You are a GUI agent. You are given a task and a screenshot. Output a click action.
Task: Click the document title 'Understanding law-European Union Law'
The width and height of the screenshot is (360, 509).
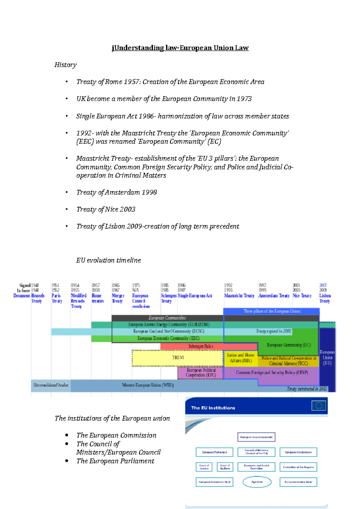[x=180, y=48]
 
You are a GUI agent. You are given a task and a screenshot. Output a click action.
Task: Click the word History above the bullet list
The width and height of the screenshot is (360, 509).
[x=65, y=65]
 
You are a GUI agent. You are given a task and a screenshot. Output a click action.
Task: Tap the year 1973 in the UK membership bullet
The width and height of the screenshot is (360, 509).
[x=244, y=99]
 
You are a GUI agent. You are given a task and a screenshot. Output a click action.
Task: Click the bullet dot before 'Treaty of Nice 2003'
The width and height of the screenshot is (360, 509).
[x=67, y=209]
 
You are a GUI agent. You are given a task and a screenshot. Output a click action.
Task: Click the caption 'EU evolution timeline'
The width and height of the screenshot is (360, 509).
[x=108, y=260]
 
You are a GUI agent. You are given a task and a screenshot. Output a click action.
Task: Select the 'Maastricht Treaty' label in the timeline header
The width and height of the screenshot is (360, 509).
[x=239, y=296]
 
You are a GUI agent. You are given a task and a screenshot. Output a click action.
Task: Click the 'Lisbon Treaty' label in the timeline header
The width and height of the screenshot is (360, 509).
[x=325, y=298]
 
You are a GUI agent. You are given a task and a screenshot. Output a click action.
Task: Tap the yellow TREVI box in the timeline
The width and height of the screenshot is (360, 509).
[x=178, y=358]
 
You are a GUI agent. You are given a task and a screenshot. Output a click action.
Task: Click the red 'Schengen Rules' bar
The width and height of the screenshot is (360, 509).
[x=201, y=346]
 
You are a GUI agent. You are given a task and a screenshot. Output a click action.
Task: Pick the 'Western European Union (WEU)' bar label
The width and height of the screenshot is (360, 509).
[x=148, y=385]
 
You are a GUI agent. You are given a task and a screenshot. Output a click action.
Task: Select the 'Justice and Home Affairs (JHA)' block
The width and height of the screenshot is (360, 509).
[x=241, y=358]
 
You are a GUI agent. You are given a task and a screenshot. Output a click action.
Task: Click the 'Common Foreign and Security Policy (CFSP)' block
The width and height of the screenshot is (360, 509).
[x=272, y=373]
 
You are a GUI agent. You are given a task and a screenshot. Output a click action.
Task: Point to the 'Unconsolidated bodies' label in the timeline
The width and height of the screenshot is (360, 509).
[x=51, y=385]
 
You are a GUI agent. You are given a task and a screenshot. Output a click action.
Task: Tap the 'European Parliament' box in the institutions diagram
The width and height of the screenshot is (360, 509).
[x=214, y=452]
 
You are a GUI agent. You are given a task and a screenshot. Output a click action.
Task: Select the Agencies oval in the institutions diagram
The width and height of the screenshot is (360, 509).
[x=257, y=482]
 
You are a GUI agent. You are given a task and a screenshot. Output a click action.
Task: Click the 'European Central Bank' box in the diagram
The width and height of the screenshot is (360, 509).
[x=298, y=482]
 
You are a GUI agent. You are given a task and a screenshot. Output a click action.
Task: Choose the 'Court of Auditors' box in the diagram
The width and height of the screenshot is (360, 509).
[x=225, y=467]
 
